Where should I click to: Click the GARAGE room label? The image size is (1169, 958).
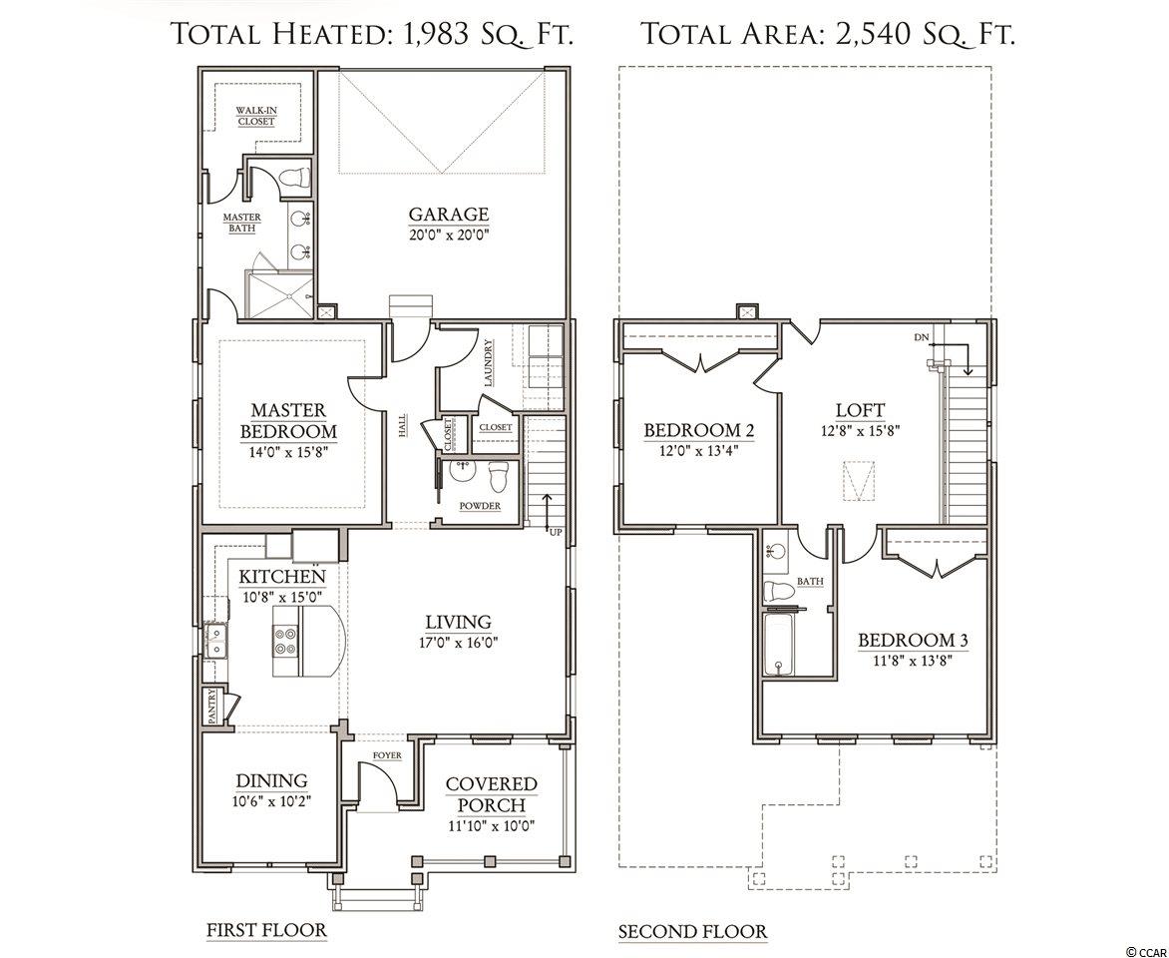pos(449,215)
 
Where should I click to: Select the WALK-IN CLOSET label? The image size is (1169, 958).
pos(256,116)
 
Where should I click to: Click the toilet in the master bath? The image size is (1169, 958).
pos(295,178)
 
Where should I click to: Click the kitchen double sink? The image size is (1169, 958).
pos(216,642)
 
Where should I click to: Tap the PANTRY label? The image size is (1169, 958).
pos(212,706)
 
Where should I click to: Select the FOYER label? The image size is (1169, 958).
pos(387,755)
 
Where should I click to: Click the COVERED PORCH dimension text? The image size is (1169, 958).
pos(492,826)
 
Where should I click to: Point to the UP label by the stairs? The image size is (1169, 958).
pos(556,532)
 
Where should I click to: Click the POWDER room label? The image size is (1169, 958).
pos(480,506)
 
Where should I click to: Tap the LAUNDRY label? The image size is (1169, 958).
pos(489,363)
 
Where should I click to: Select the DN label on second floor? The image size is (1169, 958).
pos(923,337)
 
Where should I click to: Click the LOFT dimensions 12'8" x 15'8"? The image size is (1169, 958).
pos(860,430)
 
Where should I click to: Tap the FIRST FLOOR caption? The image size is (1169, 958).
pos(266,930)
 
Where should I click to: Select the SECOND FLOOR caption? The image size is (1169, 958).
pos(692,932)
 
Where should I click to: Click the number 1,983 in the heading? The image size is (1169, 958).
pos(434,34)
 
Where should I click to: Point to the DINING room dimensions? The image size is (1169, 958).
pos(271,801)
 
